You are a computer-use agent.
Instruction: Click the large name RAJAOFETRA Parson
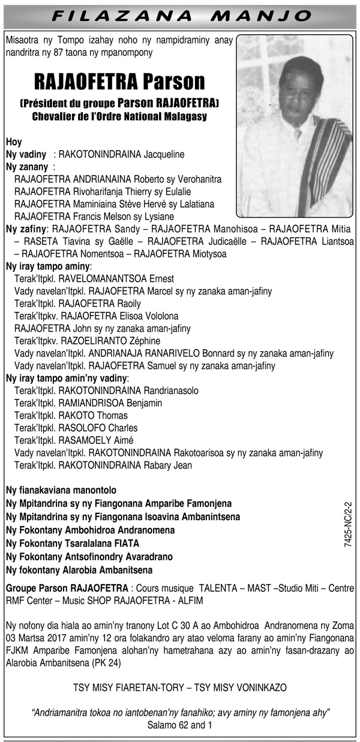point(119,81)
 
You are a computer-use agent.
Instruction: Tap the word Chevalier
point(55,116)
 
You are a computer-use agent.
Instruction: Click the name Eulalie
point(174,191)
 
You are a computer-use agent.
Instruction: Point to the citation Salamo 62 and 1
point(180,725)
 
